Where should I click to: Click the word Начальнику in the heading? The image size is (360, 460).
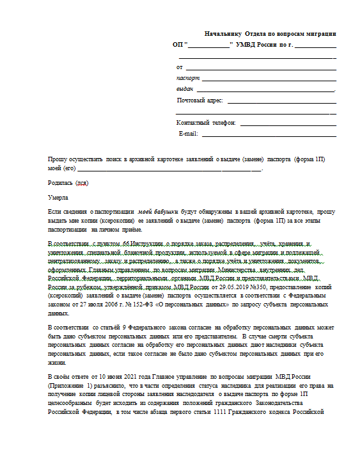pyautogui.click(x=221, y=33)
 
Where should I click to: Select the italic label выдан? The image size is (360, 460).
pyautogui.click(x=184, y=89)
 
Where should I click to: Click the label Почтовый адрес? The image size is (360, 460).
pyautogui.click(x=200, y=100)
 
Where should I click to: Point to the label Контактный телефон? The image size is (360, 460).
pyautogui.click(x=206, y=123)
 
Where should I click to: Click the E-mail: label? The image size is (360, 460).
pyautogui.click(x=189, y=134)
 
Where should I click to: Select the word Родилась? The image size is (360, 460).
pyautogui.click(x=61, y=183)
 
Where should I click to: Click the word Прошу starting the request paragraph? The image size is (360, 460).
pyautogui.click(x=58, y=159)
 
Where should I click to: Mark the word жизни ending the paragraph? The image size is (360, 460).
pyautogui.click(x=56, y=363)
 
